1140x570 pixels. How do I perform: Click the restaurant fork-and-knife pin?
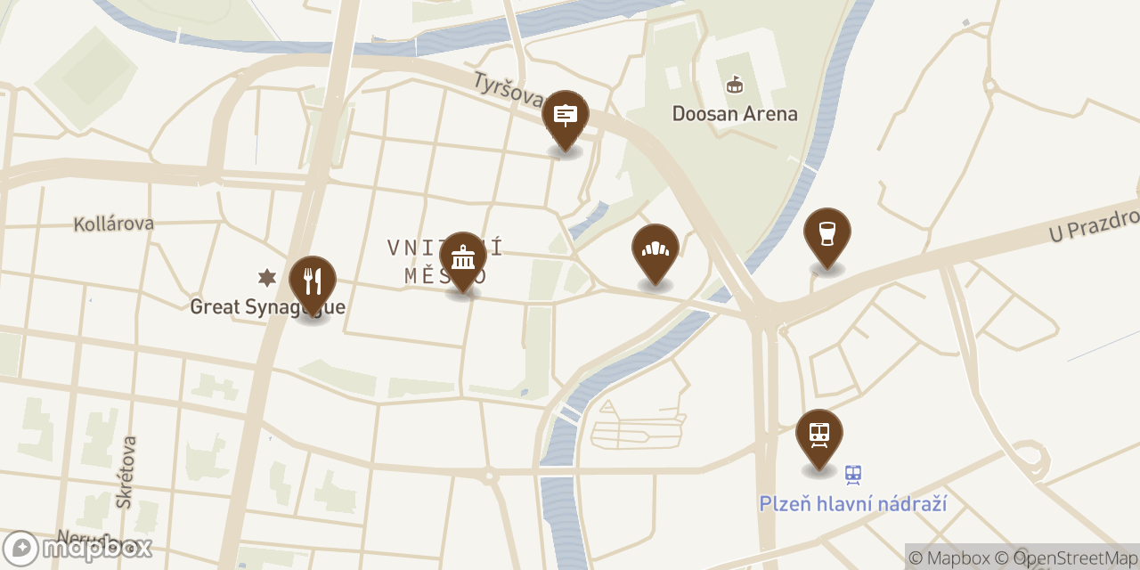click(313, 282)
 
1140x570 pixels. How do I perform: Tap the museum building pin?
click(463, 258)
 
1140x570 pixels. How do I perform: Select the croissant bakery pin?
click(655, 250)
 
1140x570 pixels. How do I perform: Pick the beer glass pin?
click(827, 234)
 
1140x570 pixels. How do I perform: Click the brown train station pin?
click(819, 436)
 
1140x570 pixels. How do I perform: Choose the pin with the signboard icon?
click(566, 117)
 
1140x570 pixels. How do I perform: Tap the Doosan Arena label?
click(735, 114)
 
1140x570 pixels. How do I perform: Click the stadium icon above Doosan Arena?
click(735, 85)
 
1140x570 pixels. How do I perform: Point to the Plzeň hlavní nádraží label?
click(852, 504)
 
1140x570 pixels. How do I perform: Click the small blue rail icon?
click(853, 475)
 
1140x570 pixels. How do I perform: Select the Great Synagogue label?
click(267, 307)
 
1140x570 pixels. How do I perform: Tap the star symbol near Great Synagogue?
click(265, 278)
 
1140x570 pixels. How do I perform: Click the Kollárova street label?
click(114, 224)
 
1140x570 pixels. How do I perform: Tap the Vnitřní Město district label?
click(445, 261)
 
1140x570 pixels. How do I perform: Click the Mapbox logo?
click(77, 548)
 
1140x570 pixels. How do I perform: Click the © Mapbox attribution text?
click(949, 558)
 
